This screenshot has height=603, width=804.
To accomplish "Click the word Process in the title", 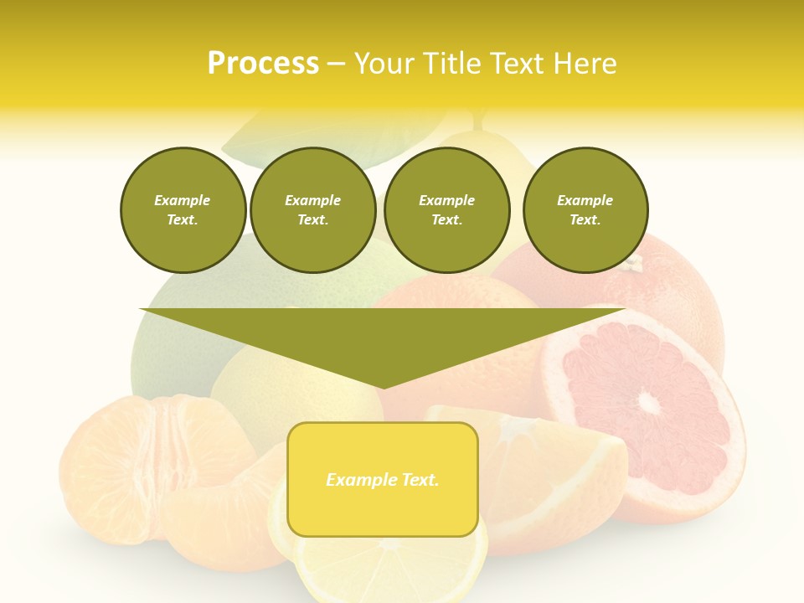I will click(263, 63).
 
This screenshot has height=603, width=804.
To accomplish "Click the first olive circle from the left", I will click(183, 210).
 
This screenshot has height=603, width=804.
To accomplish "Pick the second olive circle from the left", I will click(313, 210).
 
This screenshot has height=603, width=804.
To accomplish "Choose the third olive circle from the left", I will click(447, 210).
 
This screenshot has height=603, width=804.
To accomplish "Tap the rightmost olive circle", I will click(585, 210).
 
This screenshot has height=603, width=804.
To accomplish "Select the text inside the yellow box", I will click(383, 480).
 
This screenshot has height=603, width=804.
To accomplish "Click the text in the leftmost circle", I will click(183, 210).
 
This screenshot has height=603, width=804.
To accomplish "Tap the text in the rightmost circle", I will click(585, 210).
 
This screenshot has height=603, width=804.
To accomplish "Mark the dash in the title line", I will click(337, 64).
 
